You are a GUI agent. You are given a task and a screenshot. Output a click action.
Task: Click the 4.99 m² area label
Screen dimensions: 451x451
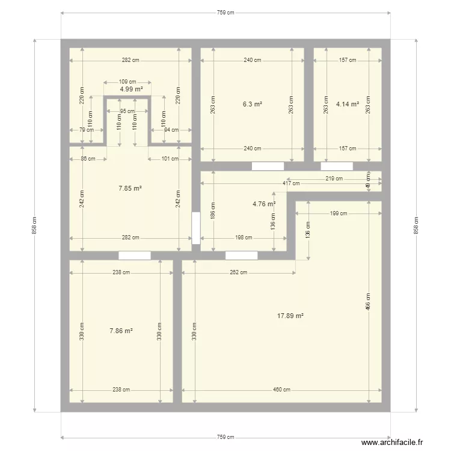tap(131, 89)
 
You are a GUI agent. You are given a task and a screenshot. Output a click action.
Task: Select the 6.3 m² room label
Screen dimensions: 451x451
tap(253, 104)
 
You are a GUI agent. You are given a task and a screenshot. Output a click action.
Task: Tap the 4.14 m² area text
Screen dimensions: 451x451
tap(348, 104)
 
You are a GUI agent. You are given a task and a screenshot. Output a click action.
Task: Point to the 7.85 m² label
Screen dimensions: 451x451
tap(130, 188)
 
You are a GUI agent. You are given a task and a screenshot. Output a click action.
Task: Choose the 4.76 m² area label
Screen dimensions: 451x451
tap(264, 204)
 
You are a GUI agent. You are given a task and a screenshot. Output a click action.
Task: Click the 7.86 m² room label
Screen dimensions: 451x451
tap(121, 331)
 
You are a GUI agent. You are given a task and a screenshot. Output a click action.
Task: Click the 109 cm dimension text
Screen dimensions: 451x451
tap(127, 82)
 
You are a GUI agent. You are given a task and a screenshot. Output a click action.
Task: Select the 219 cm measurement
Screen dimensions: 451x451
tap(334, 179)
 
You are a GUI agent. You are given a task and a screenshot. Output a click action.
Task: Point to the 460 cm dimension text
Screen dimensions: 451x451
tap(281, 390)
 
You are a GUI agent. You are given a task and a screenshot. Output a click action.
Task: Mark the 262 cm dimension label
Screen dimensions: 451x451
tap(239, 272)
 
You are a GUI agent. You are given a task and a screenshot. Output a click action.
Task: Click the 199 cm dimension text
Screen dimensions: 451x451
tap(339, 213)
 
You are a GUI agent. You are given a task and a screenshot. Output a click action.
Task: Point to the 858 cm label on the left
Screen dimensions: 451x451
tap(35, 226)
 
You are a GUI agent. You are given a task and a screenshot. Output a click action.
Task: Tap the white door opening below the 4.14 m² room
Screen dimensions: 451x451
tap(337, 166)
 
